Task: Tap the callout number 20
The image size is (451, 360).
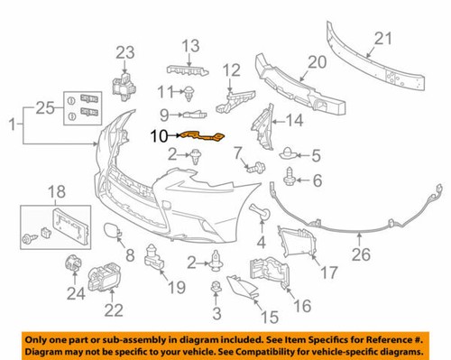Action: click(x=314, y=62)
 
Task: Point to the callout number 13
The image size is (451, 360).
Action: click(x=190, y=45)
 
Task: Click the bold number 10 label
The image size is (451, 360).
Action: click(x=159, y=136)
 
